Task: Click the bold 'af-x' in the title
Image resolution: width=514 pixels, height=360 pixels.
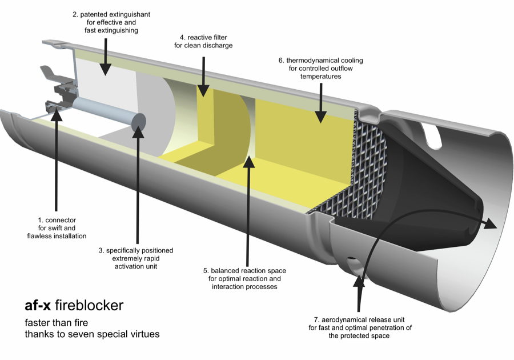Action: point(38,305)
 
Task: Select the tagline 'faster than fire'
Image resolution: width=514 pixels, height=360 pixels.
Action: point(55,322)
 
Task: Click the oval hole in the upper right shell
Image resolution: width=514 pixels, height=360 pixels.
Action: point(433,133)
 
